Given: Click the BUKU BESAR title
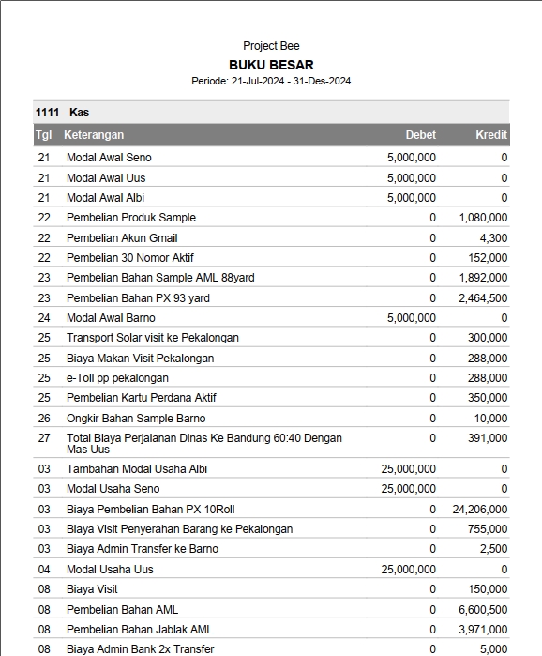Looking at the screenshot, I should pos(271,65).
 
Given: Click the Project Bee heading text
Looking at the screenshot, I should pos(271,46).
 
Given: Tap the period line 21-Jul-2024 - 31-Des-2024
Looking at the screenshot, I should pos(271,82).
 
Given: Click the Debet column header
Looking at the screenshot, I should pos(420,135).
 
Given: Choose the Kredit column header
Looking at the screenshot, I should pos(491,135).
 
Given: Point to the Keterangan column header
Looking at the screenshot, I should pos(94,135).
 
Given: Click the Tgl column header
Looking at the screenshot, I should pos(43,135).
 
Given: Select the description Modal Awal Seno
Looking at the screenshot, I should pos(109,158).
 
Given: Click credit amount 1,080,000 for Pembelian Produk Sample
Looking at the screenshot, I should pos(483,218).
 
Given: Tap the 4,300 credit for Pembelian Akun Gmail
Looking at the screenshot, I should pos(493,238).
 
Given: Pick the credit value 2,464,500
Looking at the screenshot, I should pos(483,298).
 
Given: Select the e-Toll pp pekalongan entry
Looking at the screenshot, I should pos(117,378).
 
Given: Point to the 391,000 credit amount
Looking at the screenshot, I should pos(488,438).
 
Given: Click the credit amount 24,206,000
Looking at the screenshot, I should pos(479,509).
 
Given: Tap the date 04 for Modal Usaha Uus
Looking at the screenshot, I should pos(44,570).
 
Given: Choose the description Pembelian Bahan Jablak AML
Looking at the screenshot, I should pos(139,630).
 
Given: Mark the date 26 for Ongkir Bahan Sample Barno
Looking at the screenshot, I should pos(44,419).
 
